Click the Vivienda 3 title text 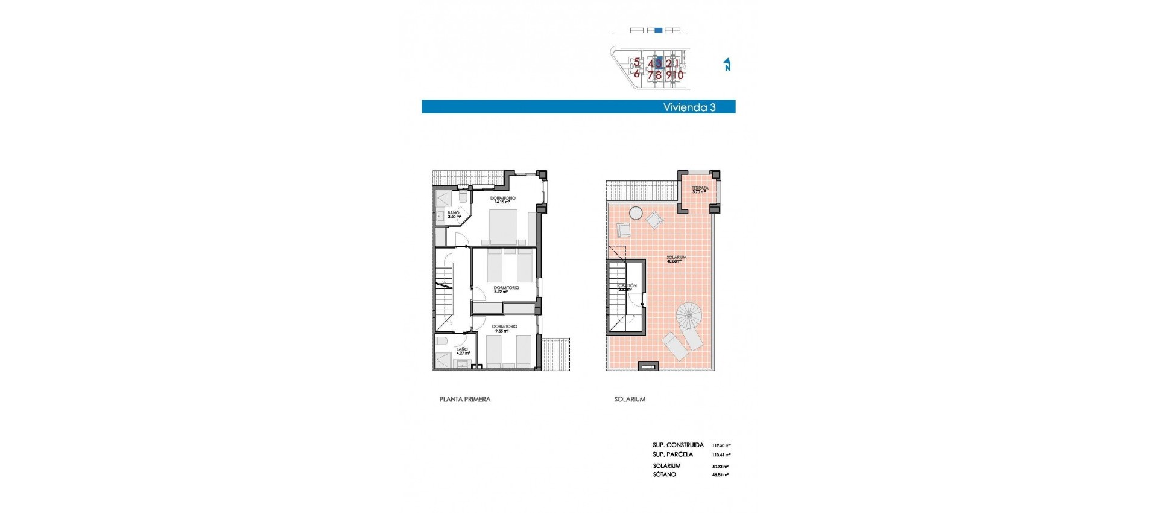(689, 107)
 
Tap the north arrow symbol (727, 65)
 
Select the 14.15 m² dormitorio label (502, 200)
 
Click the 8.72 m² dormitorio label (505, 290)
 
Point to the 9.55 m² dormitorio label (504, 328)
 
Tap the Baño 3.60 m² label (454, 214)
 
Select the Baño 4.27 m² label (462, 351)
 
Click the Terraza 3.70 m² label (700, 190)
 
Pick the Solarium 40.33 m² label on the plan (676, 260)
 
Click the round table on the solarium (636, 212)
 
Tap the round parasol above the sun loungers (689, 315)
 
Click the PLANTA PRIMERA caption (464, 400)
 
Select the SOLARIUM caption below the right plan (630, 400)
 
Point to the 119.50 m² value (721, 445)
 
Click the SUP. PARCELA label (672, 454)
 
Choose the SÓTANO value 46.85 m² (720, 475)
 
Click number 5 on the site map (636, 62)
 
